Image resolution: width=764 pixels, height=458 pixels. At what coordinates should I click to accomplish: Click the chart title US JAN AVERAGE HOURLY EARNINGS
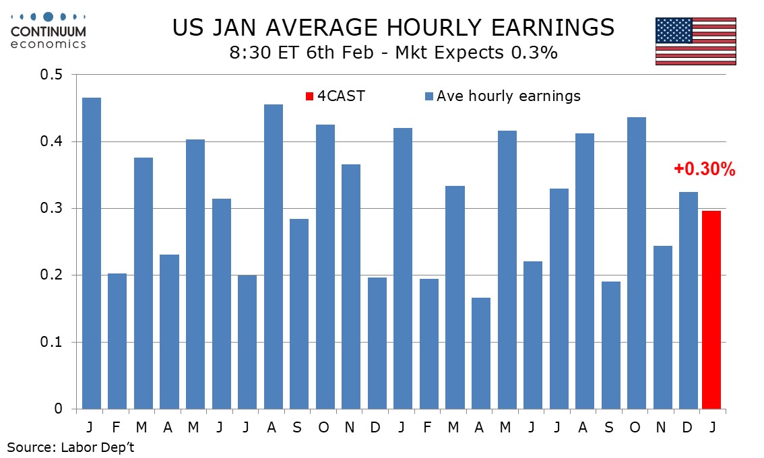point(393,28)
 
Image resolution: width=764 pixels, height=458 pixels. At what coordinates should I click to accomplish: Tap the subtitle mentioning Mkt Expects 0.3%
point(393,53)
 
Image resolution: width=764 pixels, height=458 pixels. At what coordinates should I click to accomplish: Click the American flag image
point(695,41)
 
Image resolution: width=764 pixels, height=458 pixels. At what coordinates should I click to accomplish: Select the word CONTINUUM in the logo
point(49,31)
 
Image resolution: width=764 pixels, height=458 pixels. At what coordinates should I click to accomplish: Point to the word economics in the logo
point(49,44)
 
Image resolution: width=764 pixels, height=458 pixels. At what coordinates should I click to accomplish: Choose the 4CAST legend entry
point(336,96)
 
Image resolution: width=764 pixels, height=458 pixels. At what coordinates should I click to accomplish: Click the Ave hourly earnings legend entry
point(503,96)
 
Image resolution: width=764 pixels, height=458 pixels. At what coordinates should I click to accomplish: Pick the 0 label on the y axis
point(59,409)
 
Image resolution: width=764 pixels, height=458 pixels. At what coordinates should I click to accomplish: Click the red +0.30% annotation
point(704,170)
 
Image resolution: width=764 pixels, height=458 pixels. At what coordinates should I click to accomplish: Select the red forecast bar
point(711,310)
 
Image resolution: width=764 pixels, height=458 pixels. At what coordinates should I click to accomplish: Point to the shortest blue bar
point(481,353)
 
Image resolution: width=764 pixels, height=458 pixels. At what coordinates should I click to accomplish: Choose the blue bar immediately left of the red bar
point(689,300)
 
